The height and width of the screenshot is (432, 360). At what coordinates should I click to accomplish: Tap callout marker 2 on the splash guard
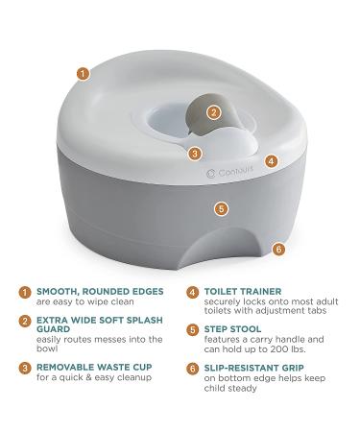215,112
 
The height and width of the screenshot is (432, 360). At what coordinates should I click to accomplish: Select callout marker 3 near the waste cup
195,152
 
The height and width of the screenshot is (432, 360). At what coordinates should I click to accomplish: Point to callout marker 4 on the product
272,162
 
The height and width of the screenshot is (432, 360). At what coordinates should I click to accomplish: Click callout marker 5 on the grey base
221,207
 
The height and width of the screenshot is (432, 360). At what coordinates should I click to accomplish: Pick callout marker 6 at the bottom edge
278,249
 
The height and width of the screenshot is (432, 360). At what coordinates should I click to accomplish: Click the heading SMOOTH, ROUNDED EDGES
100,291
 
